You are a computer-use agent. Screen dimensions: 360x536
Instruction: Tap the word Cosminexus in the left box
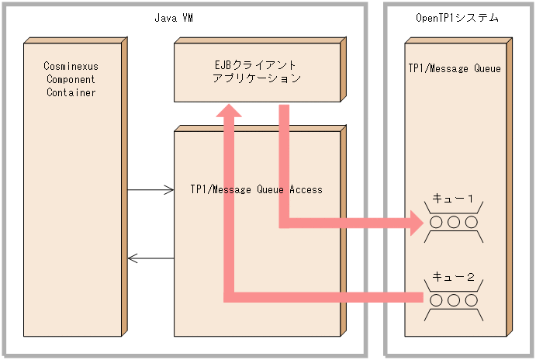pos(71,67)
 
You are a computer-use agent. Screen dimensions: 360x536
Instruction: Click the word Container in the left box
pos(71,92)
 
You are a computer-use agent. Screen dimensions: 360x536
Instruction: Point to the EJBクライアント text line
pos(256,65)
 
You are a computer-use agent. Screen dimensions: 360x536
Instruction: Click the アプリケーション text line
pos(256,78)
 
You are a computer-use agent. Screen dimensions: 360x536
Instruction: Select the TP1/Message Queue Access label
pos(256,189)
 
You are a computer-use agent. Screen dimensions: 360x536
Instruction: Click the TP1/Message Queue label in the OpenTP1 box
pos(455,68)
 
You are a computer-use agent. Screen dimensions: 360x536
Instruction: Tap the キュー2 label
pos(453,275)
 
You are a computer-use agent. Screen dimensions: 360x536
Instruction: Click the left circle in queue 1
pos(436,223)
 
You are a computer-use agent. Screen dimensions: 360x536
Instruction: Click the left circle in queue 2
pos(436,299)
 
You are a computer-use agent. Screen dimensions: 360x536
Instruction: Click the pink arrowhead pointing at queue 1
pos(417,223)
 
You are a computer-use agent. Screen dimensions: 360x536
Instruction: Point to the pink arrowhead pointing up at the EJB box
pos(229,113)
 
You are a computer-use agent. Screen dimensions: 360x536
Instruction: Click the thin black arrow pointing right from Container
pos(151,189)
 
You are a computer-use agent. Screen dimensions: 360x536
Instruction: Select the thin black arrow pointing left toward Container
pos(151,258)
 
